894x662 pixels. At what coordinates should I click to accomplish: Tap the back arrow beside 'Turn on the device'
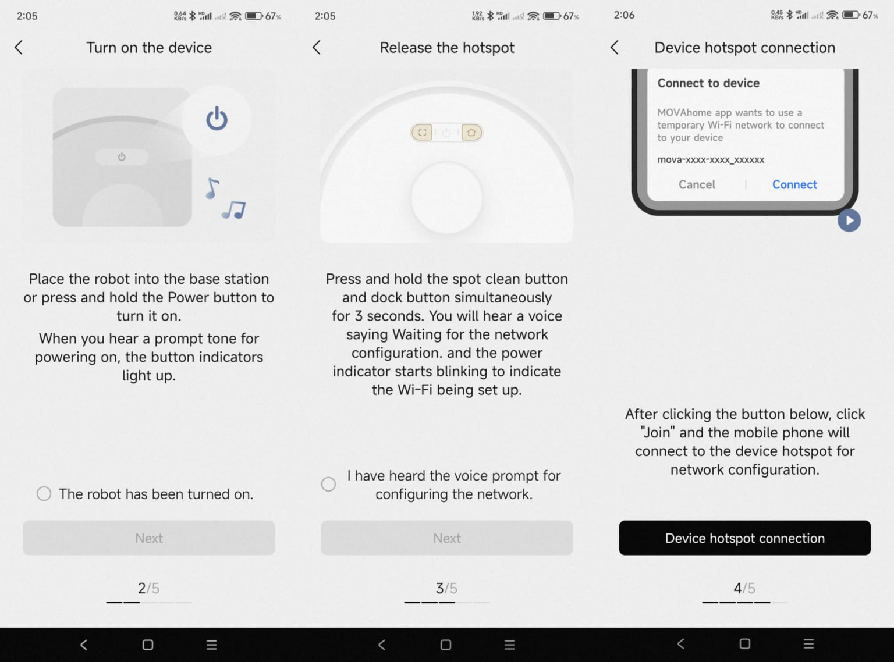(x=19, y=48)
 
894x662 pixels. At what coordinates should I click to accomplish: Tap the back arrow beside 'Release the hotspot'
(x=317, y=48)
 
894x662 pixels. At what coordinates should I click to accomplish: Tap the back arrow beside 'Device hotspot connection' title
(x=615, y=48)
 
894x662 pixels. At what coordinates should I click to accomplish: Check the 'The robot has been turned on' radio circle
(x=44, y=494)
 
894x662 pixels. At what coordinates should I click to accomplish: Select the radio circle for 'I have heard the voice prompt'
(x=328, y=484)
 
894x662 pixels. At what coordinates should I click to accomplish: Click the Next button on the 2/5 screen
(x=149, y=538)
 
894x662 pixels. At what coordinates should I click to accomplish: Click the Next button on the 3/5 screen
(x=447, y=538)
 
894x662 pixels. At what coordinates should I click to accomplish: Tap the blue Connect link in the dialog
(x=794, y=184)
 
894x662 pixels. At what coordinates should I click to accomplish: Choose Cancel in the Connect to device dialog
(x=697, y=184)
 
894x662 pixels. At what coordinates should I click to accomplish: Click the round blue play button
(x=849, y=220)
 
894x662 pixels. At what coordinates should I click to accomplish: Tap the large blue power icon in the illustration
(x=217, y=119)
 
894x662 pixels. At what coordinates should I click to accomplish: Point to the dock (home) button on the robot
(x=471, y=133)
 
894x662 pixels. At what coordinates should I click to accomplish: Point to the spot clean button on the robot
(x=422, y=133)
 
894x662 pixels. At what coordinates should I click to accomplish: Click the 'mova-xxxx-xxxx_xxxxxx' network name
(x=711, y=159)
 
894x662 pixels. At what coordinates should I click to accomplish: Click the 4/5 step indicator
(x=744, y=589)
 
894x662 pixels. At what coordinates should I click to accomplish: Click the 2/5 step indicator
(x=148, y=589)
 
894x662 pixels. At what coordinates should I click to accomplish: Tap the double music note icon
(x=234, y=209)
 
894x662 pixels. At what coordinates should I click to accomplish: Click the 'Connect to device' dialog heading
(x=708, y=83)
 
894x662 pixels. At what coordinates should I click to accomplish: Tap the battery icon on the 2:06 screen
(x=851, y=15)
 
